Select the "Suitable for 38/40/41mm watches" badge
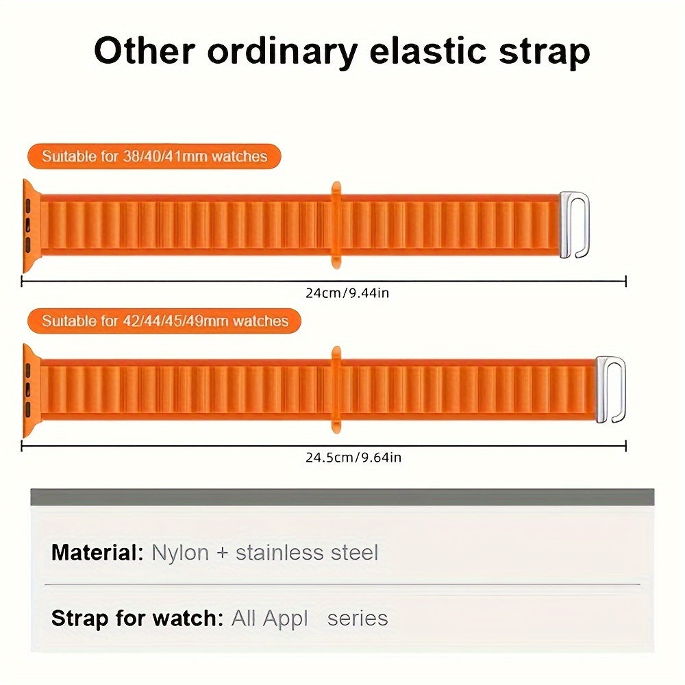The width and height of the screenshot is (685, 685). pos(154,156)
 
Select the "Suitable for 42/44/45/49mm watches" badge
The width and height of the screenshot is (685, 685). pos(164,321)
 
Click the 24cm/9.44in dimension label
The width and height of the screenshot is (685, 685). pos(347,293)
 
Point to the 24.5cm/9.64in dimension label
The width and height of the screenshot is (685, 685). pos(353,457)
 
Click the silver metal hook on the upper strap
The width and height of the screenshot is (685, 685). pos(574,225)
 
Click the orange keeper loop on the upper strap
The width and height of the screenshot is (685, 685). pos(336,225)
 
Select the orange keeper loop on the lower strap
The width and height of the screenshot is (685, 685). pos(336,390)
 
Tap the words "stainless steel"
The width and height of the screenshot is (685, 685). pos(306,552)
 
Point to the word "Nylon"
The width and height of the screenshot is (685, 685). pos(180,552)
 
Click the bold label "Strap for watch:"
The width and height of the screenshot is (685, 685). pos(137,618)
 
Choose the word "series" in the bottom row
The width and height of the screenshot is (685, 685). pos(358,618)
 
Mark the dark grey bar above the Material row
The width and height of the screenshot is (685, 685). pos(342,497)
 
